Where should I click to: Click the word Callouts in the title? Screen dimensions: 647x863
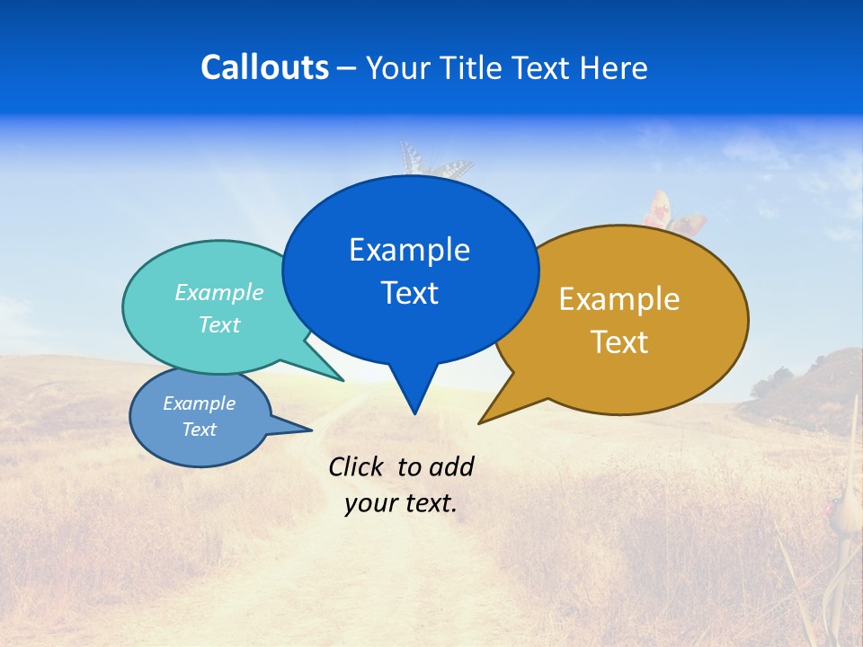pyautogui.click(x=264, y=68)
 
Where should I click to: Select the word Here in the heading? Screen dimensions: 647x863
pyautogui.click(x=614, y=68)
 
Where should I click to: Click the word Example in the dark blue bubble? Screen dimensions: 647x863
pyautogui.click(x=409, y=250)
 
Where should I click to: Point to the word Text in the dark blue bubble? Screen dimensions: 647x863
pyautogui.click(x=409, y=293)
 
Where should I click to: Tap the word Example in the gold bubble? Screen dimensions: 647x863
pyautogui.click(x=619, y=299)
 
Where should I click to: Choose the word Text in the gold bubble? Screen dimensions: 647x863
pyautogui.click(x=619, y=342)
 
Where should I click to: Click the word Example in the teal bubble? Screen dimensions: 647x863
pyautogui.click(x=219, y=292)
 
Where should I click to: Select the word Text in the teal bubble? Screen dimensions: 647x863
pyautogui.click(x=219, y=324)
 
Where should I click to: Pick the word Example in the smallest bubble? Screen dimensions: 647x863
pyautogui.click(x=199, y=403)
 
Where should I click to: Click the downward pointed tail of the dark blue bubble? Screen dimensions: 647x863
pyautogui.click(x=414, y=395)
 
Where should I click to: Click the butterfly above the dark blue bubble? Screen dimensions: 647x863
pyautogui.click(x=435, y=162)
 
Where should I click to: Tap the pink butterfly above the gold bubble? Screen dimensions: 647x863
pyautogui.click(x=672, y=214)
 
